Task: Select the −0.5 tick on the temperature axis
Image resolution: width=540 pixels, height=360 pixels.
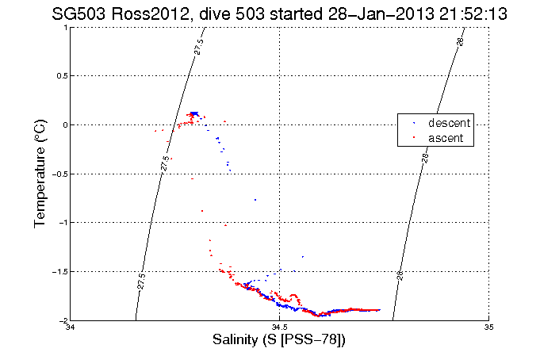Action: [x=58, y=174]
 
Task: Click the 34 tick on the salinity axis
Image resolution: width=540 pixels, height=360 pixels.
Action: [x=71, y=327]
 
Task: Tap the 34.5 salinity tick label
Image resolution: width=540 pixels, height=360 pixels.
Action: [x=280, y=327]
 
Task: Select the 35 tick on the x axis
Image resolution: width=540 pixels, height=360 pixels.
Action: [x=488, y=327]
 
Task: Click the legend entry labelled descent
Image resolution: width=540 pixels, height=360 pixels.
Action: [x=449, y=123]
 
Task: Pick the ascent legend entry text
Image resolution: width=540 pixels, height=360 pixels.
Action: [x=446, y=138]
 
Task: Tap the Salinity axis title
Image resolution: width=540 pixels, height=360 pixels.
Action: [x=279, y=340]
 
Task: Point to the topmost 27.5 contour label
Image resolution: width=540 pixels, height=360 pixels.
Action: [x=198, y=47]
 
